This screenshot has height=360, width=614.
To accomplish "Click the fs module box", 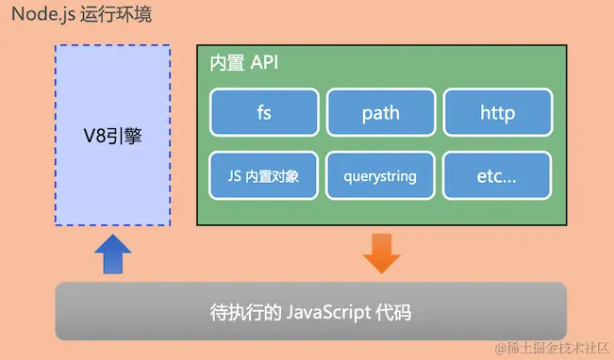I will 264,113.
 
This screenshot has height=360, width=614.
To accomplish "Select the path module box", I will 381,113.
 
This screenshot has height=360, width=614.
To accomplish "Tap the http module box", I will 497,113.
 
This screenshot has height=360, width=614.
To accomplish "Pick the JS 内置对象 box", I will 264,175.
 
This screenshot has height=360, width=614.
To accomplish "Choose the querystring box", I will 381,175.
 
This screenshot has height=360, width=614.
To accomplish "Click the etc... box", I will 497,175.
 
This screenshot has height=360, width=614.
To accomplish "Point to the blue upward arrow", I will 113,254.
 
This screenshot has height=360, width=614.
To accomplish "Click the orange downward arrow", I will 382,254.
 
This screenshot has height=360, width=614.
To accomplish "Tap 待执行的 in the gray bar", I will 241,311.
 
